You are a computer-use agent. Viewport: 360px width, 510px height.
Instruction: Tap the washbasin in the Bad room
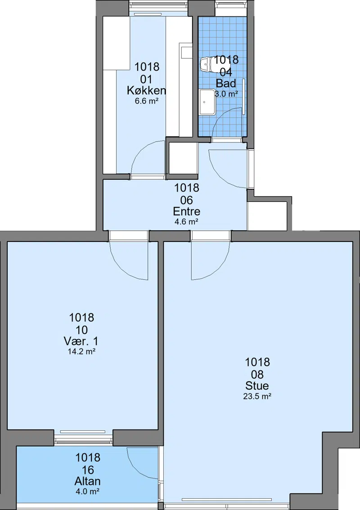pyautogui.click(x=207, y=102)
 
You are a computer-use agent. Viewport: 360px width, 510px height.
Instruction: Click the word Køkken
pyautogui.click(x=146, y=90)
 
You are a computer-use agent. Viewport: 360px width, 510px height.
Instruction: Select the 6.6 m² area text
pyautogui.click(x=146, y=101)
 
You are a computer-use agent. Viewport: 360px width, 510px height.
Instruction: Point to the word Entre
pyautogui.click(x=186, y=211)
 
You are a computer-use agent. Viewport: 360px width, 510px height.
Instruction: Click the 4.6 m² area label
pyautogui.click(x=186, y=222)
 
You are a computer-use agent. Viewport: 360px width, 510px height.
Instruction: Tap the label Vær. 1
pyautogui.click(x=81, y=341)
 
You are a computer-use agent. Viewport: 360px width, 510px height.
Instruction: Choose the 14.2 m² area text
pyautogui.click(x=81, y=352)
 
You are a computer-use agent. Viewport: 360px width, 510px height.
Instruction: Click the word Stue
pyautogui.click(x=257, y=386)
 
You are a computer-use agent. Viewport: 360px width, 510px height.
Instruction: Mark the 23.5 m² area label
pyautogui.click(x=257, y=396)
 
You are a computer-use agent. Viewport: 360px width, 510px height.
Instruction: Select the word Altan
pyautogui.click(x=88, y=481)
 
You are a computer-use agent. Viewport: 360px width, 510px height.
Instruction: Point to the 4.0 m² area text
pyautogui.click(x=88, y=492)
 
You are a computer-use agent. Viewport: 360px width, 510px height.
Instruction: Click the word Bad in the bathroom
pyautogui.click(x=226, y=83)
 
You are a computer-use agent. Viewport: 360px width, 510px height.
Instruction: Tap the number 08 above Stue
pyautogui.click(x=257, y=374)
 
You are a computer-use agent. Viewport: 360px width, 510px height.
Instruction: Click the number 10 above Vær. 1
pyautogui.click(x=81, y=330)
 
